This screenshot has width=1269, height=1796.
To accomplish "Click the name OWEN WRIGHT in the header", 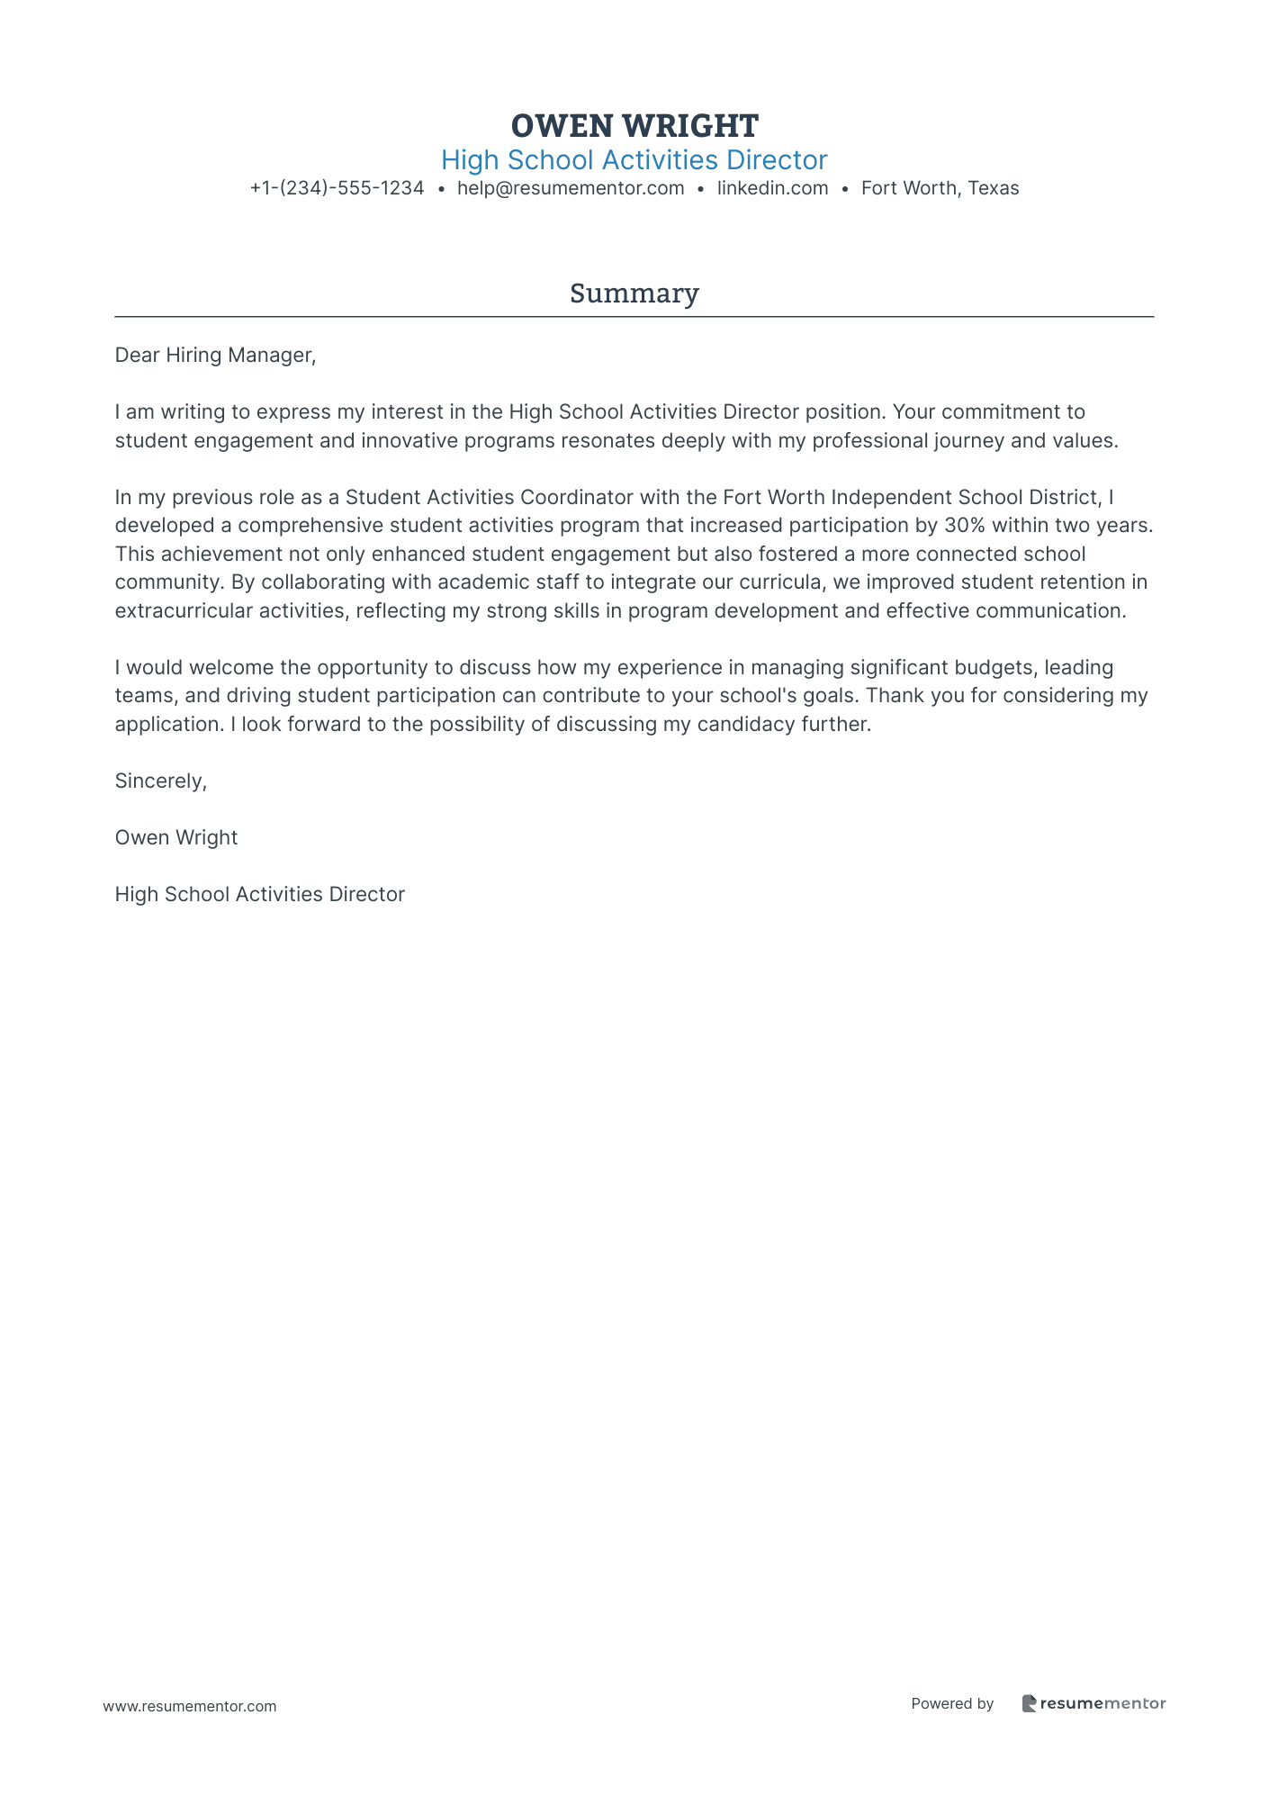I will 634,125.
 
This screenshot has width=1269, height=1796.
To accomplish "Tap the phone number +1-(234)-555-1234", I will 337,188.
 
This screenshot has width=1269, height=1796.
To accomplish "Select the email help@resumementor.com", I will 571,188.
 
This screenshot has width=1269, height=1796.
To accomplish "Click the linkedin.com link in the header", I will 772,188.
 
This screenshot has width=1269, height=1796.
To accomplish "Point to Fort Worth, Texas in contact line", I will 940,188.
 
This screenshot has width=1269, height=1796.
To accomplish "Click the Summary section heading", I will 634,293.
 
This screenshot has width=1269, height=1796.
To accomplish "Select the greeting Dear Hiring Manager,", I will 215,355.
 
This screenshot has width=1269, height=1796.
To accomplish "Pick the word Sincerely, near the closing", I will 160,781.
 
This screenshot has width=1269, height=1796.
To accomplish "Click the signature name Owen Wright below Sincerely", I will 176,837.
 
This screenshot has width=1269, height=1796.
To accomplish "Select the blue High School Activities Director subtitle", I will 634,160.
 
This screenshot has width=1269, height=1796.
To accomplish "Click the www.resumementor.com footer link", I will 190,1706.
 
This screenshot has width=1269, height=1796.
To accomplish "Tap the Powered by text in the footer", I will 952,1703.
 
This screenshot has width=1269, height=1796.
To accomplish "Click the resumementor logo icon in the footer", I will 1029,1703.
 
